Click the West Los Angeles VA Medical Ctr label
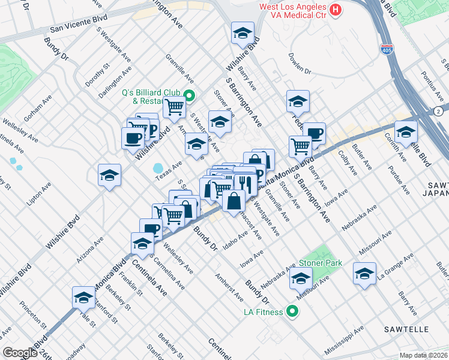pos(292,11)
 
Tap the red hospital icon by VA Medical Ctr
pos(336,10)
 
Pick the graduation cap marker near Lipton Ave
pos(109,175)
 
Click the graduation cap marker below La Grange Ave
pos(364,274)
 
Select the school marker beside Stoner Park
pos(301,278)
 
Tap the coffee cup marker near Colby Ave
pos(313,134)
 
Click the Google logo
pos(19,353)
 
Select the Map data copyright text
pos(423,355)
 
